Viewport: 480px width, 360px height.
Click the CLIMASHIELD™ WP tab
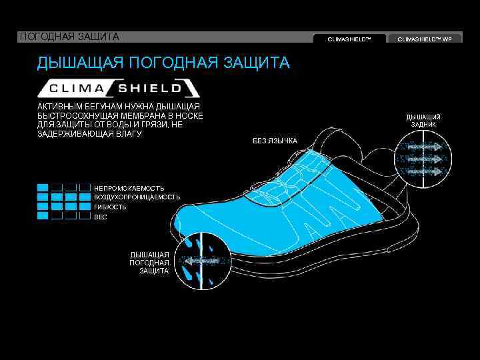(429, 39)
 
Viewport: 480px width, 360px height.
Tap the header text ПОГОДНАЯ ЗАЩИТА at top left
(69, 36)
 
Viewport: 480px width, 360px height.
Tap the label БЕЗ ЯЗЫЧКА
(275, 141)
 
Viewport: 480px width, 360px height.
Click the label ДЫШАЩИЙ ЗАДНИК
(423, 121)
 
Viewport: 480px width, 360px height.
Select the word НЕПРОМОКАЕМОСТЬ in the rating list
(129, 188)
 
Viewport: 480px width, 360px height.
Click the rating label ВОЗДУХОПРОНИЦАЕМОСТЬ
(137, 197)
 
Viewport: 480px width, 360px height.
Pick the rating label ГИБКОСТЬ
(110, 207)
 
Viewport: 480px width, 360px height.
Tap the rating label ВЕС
(101, 217)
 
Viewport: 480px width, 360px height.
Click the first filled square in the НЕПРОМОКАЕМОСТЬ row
(43, 188)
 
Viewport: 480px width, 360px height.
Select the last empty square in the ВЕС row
(85, 216)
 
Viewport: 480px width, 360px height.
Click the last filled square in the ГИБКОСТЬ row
(71, 207)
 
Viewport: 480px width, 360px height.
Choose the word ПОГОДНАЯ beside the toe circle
(149, 263)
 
